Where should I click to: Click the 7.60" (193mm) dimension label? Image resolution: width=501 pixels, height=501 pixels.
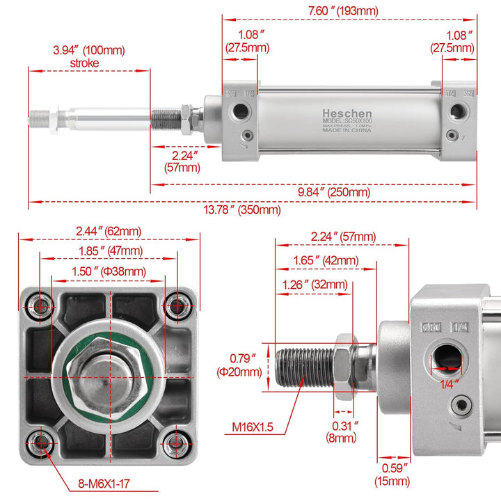[x=348, y=10]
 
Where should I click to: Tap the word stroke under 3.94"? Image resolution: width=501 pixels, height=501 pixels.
[x=85, y=63]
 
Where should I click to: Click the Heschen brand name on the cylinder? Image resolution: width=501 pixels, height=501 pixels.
[x=347, y=113]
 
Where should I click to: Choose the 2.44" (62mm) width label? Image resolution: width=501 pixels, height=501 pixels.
[x=108, y=231]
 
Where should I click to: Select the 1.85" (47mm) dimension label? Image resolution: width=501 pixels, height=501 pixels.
[x=109, y=250]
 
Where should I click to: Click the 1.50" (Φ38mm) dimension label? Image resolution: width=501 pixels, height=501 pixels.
[x=109, y=271]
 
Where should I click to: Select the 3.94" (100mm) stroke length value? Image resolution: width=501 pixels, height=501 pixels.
[x=89, y=50]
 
